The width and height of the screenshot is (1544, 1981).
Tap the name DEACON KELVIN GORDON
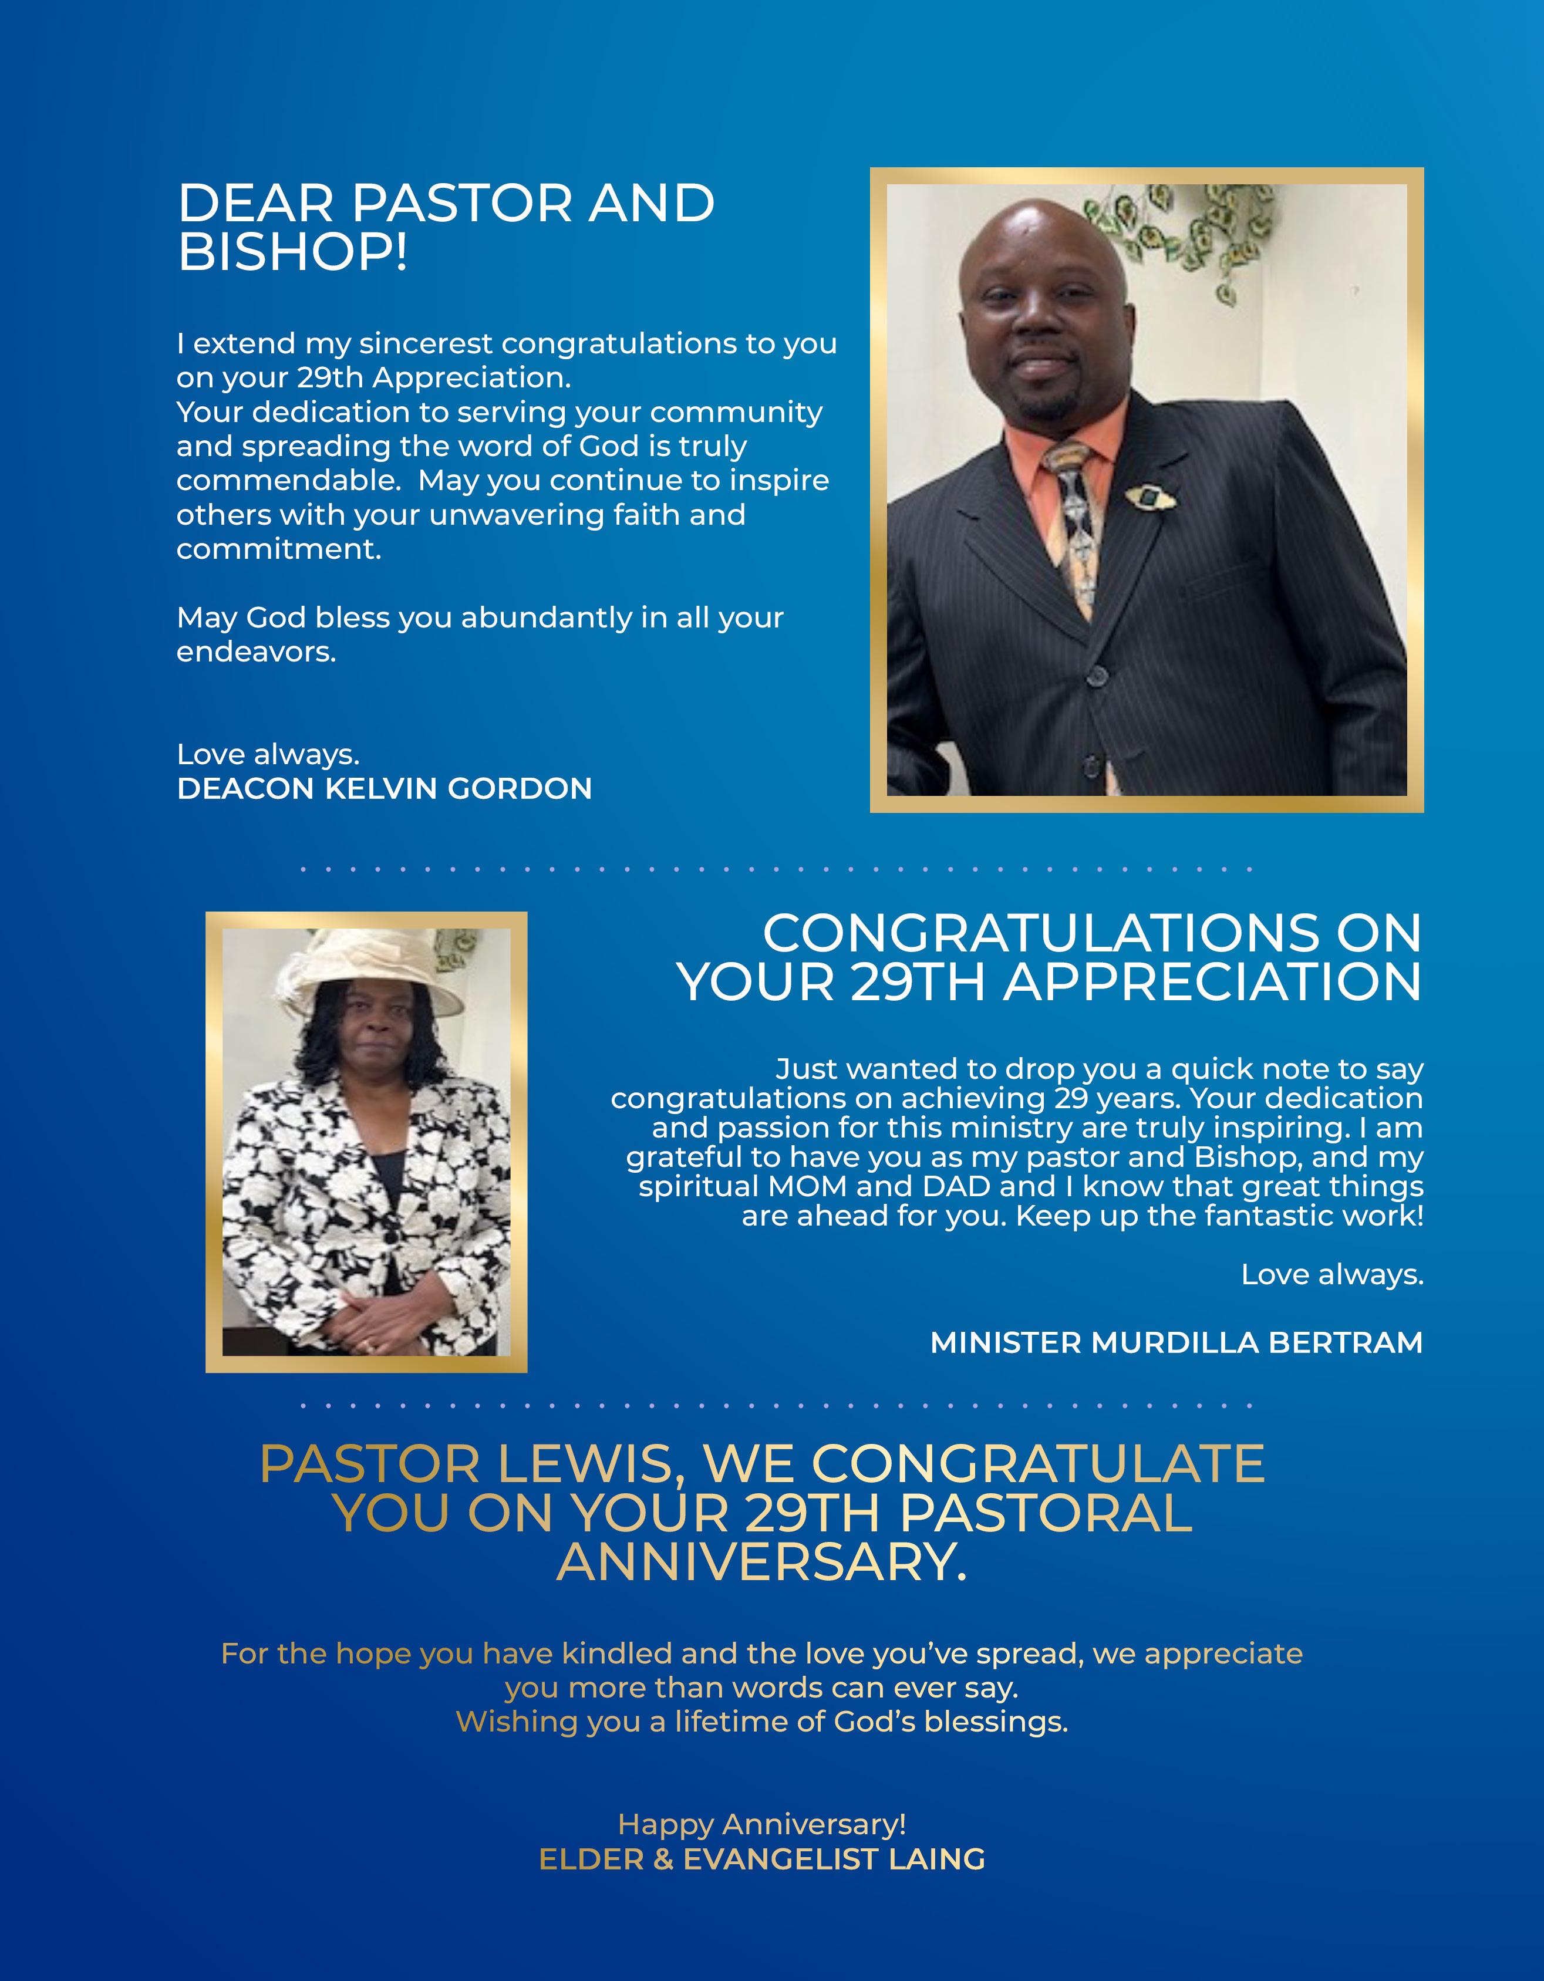[x=384, y=788]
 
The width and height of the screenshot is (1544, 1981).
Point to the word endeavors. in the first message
[x=256, y=652]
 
